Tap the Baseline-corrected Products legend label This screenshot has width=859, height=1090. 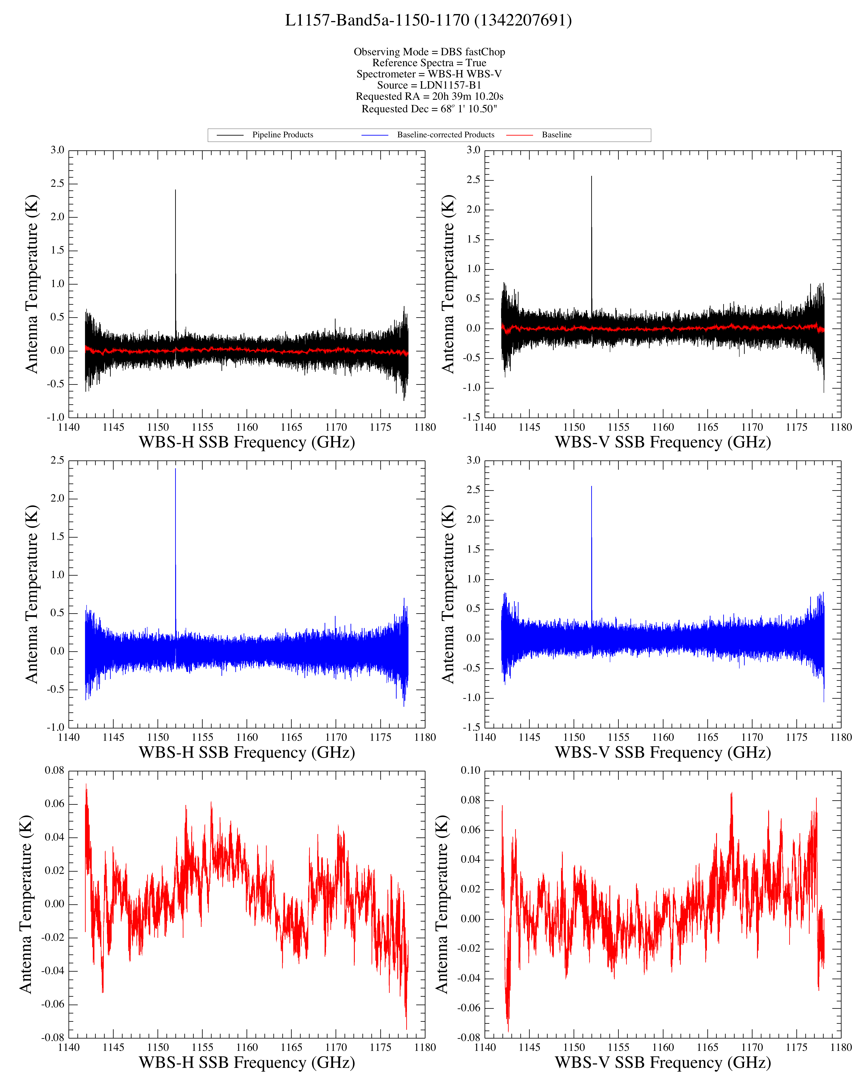coord(446,135)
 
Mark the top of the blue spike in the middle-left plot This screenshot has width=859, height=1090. coord(176,469)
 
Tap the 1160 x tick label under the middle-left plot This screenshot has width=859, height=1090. coord(247,737)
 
